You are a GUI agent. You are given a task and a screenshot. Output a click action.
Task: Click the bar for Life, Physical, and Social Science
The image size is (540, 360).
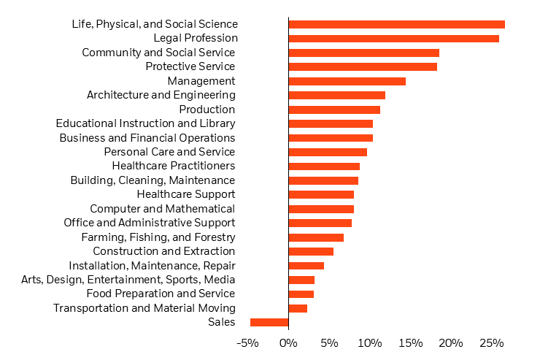pos(396,24)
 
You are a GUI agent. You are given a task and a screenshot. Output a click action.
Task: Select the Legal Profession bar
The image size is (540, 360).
pos(393,38)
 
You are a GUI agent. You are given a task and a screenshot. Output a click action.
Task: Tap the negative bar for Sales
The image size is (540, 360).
pos(269,322)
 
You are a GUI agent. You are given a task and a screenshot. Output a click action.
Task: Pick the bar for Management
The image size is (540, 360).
pos(347,81)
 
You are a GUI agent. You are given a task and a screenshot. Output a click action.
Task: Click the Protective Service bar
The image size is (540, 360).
pos(363,66)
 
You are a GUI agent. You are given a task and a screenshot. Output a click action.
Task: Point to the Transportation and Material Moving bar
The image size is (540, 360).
pos(298,308)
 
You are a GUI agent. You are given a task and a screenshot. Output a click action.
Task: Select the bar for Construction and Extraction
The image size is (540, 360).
pos(311,251)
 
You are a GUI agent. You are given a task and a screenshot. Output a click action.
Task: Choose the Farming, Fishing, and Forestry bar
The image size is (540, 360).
pos(316,237)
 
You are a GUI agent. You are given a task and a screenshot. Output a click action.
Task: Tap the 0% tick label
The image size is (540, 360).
pos(288,343)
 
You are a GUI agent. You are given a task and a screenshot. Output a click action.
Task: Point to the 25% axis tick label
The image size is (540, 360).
pos(492,343)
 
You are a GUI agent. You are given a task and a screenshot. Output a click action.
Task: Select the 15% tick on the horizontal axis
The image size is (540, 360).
pos(411,343)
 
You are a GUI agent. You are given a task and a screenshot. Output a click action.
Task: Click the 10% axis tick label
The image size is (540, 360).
pos(370,343)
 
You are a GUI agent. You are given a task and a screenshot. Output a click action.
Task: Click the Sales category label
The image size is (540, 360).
pos(221,322)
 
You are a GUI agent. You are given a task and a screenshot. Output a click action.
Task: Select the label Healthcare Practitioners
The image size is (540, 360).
pos(173,166)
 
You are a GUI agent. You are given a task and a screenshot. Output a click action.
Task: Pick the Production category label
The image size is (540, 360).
pos(207,110)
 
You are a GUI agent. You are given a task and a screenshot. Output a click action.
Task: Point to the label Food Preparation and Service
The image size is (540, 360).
pos(161,294)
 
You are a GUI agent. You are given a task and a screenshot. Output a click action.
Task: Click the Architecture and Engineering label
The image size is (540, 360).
pos(161,95)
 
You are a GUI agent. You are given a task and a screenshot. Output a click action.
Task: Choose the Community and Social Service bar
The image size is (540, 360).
pos(363,53)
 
